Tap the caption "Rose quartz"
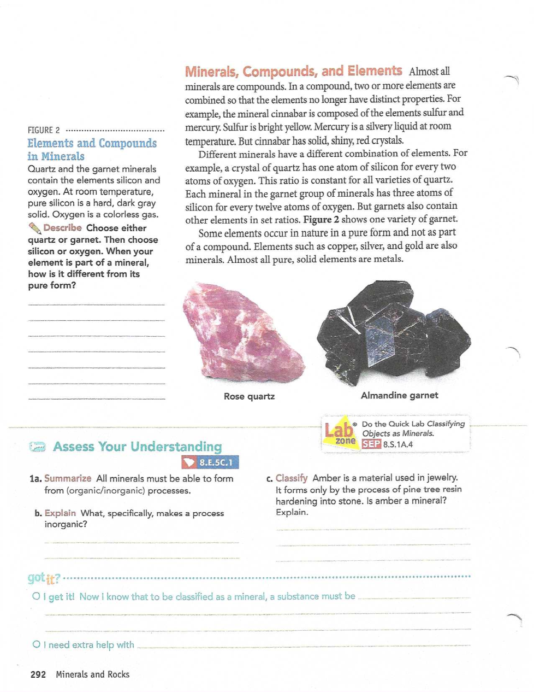click(x=249, y=396)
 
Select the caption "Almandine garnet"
click(x=399, y=395)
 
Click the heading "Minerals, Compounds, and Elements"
click(x=293, y=72)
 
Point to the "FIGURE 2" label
click(x=44, y=130)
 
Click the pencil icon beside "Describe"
click(x=34, y=228)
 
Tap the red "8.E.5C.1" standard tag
click(x=210, y=463)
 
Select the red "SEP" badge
click(x=371, y=444)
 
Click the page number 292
click(x=38, y=675)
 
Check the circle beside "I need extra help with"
click(x=36, y=645)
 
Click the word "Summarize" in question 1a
click(x=68, y=478)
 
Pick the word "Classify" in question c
click(x=292, y=478)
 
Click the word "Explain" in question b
click(x=60, y=513)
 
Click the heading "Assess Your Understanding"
click(x=137, y=447)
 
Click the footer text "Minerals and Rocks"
click(x=92, y=675)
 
